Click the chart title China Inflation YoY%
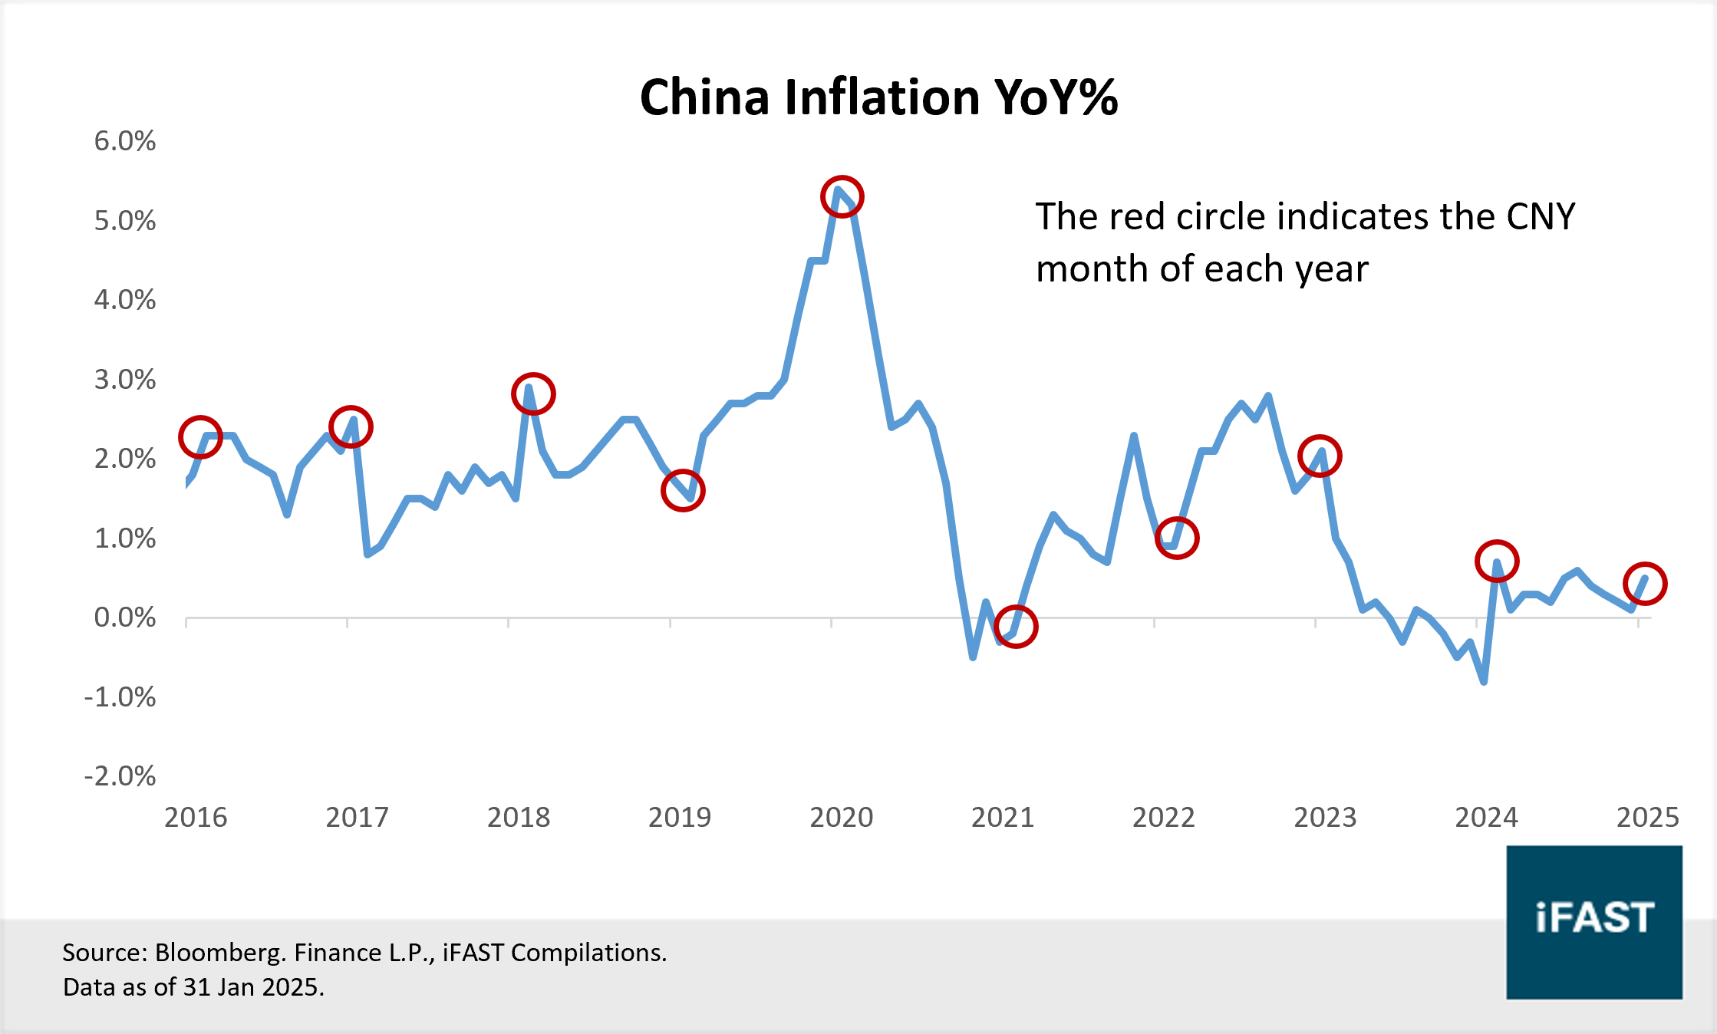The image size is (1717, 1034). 878,97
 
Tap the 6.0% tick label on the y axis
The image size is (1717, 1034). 124,141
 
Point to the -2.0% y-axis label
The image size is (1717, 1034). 120,776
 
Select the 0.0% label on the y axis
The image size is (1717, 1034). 124,617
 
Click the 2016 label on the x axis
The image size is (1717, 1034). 196,818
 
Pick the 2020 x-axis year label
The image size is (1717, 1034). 842,818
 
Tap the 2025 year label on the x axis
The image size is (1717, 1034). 1648,818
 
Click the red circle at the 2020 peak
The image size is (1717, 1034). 842,197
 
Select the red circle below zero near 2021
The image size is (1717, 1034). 1016,627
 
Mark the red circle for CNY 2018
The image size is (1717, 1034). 533,394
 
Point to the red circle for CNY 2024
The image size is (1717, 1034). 1497,561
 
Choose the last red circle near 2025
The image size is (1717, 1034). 1645,585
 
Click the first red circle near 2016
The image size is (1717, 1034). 200,437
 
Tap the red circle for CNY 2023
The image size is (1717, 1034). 1320,456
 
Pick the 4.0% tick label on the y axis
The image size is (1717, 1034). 124,300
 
